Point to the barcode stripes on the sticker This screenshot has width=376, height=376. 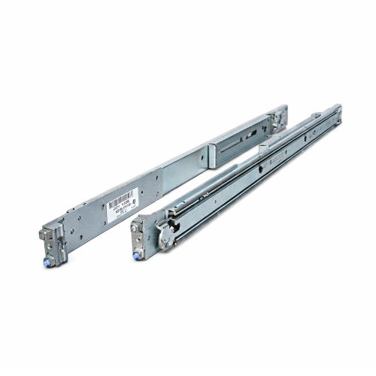tap(118, 201)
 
